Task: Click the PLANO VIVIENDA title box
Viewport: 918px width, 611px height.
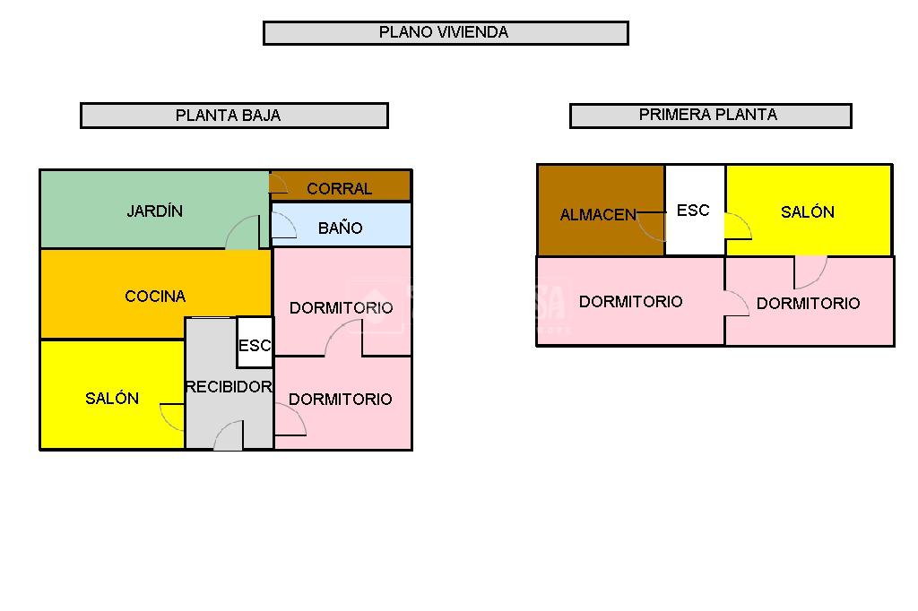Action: (446, 33)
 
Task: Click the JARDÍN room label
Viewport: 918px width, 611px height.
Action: (154, 211)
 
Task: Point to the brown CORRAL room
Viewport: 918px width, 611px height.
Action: (341, 186)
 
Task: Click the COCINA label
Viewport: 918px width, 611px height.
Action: (155, 297)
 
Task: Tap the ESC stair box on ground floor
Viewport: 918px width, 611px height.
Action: (255, 344)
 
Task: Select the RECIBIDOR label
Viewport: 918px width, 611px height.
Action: (228, 387)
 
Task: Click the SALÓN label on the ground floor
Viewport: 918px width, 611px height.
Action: (112, 399)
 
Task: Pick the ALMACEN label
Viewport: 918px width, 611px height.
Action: (598, 215)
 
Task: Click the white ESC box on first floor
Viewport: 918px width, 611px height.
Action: (693, 211)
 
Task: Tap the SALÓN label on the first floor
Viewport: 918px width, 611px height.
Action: (808, 212)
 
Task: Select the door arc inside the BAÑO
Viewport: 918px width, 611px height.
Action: (284, 226)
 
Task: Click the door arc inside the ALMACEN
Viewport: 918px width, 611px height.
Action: (653, 227)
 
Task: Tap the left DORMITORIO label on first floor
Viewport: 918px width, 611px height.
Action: (631, 302)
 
